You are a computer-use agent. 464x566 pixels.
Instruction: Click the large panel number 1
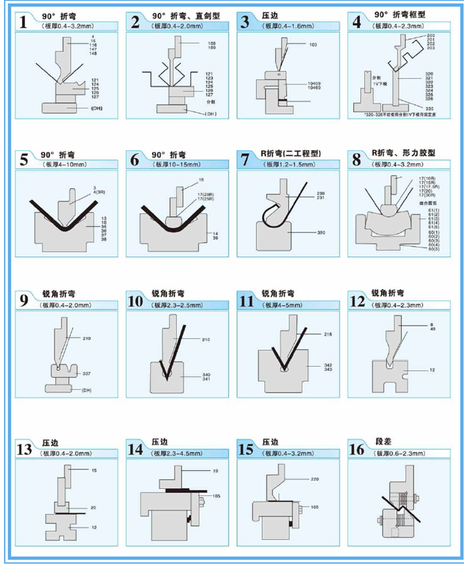click(24, 22)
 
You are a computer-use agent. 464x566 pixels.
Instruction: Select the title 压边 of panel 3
click(271, 15)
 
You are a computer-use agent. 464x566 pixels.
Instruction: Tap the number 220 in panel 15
click(316, 480)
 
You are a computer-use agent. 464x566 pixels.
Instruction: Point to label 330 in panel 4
click(430, 109)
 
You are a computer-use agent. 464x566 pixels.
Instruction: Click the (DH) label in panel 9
click(87, 390)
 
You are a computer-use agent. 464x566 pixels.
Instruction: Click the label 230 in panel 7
click(320, 194)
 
